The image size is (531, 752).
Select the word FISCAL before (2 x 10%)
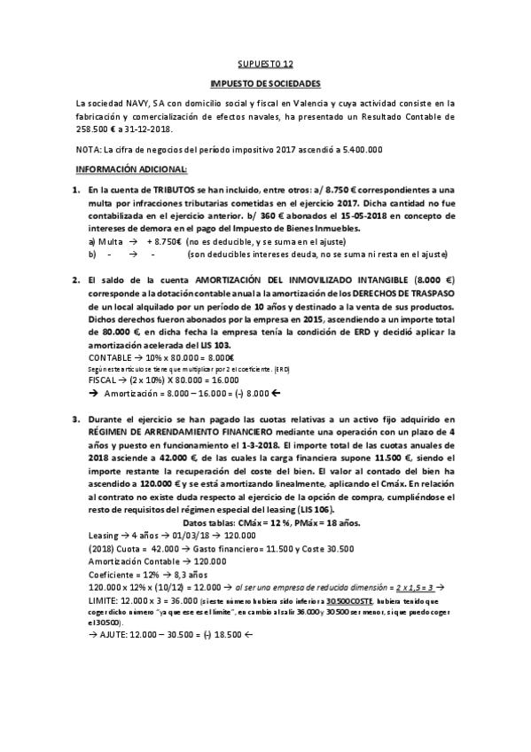(x=104, y=380)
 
